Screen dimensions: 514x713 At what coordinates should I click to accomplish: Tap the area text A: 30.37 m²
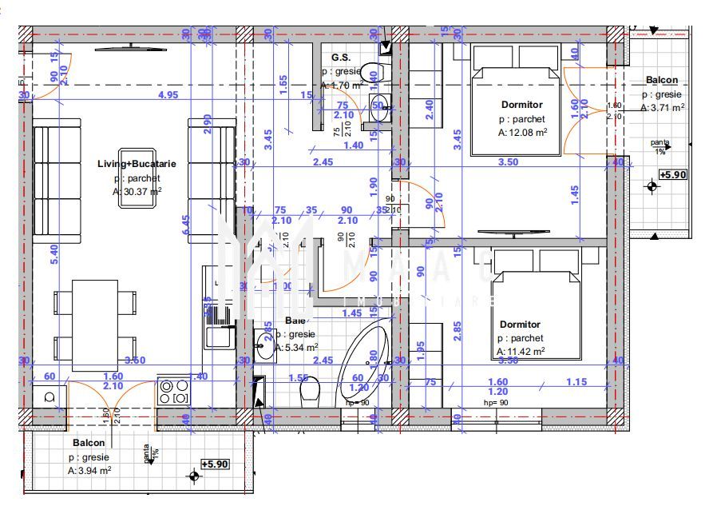pos(137,191)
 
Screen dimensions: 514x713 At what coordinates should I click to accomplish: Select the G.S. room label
pos(342,58)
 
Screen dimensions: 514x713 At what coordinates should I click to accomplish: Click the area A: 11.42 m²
pos(521,351)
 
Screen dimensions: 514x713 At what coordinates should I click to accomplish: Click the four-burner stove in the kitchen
pos(173,392)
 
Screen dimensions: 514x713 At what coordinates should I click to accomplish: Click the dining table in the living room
pos(95,321)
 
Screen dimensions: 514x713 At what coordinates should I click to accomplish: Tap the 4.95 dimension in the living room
pos(168,95)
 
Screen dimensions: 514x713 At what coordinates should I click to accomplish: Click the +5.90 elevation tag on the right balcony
pos(673,174)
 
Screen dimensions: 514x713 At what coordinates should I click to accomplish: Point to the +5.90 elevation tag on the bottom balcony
pos(215,464)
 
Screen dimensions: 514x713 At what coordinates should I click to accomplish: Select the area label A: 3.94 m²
pos(89,471)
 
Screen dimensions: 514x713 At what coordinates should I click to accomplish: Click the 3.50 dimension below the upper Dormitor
pos(508,162)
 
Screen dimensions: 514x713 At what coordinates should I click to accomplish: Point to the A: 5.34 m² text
pos(296,348)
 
